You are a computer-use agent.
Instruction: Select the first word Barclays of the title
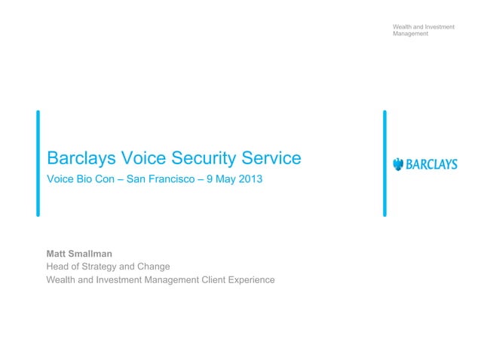click(x=79, y=158)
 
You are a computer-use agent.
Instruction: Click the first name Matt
click(x=57, y=254)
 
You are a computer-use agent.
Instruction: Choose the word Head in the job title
click(x=59, y=267)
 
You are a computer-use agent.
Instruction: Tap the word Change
click(x=153, y=267)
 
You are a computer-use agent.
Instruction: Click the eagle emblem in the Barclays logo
click(x=399, y=164)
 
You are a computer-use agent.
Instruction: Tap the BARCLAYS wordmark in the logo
click(x=432, y=164)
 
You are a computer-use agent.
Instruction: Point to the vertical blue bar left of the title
click(x=38, y=163)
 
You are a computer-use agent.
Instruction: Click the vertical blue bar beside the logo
click(x=384, y=163)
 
